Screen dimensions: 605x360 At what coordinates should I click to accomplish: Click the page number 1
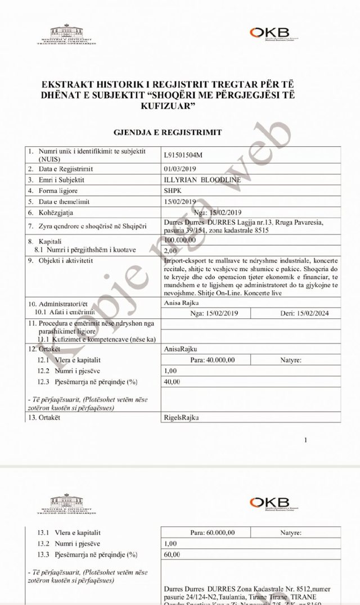306,441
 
